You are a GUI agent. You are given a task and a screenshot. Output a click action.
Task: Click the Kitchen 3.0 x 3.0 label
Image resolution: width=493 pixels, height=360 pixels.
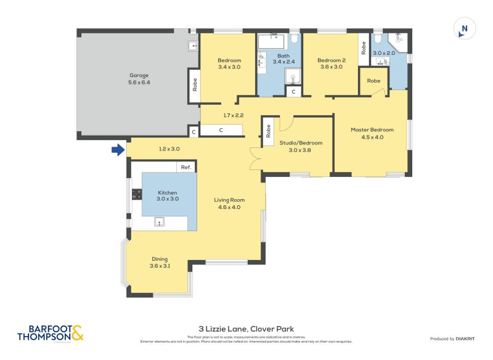[x=167, y=196]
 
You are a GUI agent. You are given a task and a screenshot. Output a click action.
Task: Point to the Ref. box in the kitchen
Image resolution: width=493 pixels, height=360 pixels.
[x=186, y=167]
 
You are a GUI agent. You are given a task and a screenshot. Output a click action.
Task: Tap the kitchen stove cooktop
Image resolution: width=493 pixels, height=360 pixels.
[x=137, y=195]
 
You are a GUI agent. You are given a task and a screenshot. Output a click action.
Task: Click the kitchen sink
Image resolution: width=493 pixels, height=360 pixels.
[x=160, y=223]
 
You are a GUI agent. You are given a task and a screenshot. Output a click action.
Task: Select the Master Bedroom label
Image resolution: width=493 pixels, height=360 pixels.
[x=372, y=133]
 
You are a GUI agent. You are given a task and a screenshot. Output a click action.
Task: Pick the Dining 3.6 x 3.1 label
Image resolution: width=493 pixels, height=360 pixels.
[x=159, y=263]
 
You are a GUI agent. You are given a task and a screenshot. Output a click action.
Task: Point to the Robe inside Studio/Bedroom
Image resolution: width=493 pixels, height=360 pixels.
[x=268, y=131]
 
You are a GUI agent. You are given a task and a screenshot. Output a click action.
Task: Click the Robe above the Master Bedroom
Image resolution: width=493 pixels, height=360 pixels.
[x=373, y=81]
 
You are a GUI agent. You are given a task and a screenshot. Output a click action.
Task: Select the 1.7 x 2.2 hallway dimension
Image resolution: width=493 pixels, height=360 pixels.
[x=234, y=115]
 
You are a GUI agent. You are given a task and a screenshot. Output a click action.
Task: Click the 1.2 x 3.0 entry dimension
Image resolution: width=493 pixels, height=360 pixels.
[x=169, y=149]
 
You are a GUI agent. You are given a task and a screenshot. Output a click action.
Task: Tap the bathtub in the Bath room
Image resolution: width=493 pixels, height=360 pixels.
[x=272, y=41]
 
